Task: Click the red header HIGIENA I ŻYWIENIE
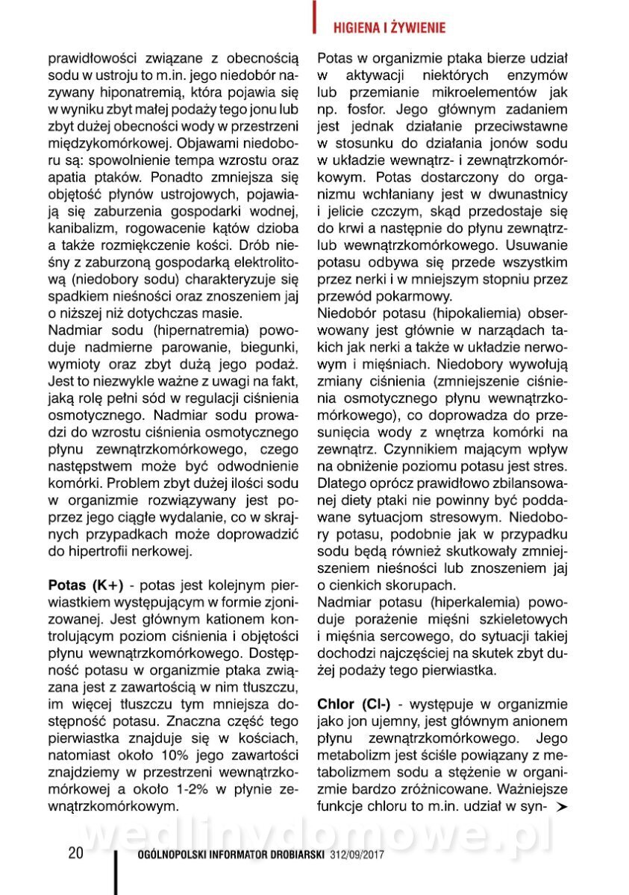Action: pos(388,28)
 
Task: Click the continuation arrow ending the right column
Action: pos(562,807)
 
